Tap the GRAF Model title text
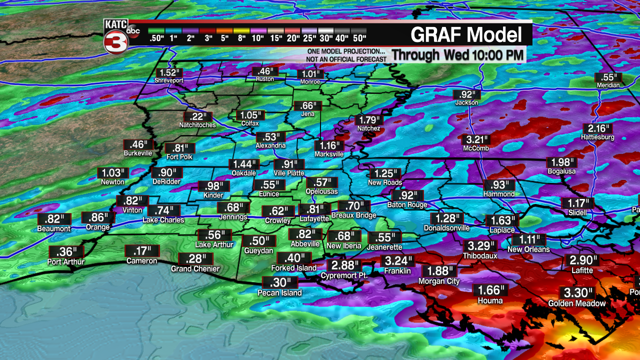[x=466, y=35]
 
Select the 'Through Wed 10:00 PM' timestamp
[x=457, y=54]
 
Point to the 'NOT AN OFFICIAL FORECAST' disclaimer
[x=347, y=59]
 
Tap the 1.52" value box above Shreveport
[x=168, y=72]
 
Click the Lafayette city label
[x=314, y=219]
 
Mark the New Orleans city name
[x=528, y=249]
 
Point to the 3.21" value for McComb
[x=476, y=139]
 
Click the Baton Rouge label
[x=407, y=205]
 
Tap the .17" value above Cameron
[x=142, y=251]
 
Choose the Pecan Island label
[x=280, y=293]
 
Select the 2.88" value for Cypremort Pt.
[x=343, y=265]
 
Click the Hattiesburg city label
[x=597, y=137]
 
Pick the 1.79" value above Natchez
[x=369, y=120]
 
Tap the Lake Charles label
[x=163, y=220]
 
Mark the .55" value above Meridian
[x=608, y=77]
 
